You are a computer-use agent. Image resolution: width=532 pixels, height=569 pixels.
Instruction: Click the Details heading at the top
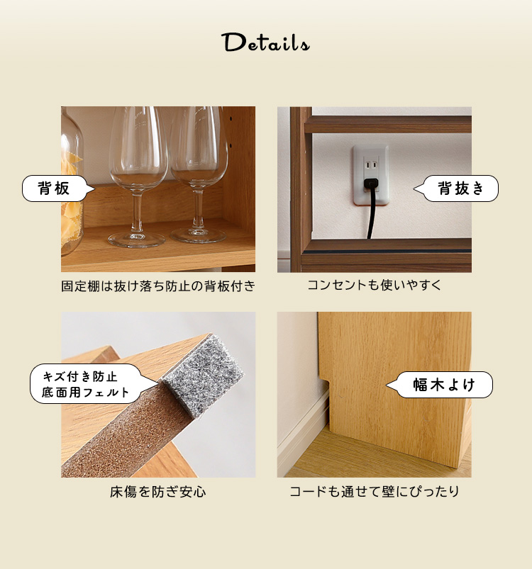pos(265,43)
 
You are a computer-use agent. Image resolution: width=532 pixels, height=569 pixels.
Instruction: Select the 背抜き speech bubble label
pos(456,188)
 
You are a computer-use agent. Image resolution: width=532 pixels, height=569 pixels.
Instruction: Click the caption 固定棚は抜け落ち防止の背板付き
pos(158,286)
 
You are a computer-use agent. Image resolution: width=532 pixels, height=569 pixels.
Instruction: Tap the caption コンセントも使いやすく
pos(375,285)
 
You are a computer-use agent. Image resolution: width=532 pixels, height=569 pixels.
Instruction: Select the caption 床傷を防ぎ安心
pos(158,492)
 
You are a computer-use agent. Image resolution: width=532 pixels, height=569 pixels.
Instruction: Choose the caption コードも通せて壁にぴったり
pos(375,491)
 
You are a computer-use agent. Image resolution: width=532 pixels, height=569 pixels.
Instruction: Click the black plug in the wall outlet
pos(370,184)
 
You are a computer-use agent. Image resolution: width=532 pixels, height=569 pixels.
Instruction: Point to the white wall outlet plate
pos(371,175)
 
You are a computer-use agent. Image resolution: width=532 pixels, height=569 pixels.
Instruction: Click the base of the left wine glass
pos(136,240)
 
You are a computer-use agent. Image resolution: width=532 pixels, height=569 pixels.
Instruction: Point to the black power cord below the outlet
pos(370,214)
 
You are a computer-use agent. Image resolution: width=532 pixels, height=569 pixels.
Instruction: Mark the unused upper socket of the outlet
pos(371,165)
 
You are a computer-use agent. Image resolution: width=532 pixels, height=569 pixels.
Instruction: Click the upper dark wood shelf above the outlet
pos(388,125)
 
